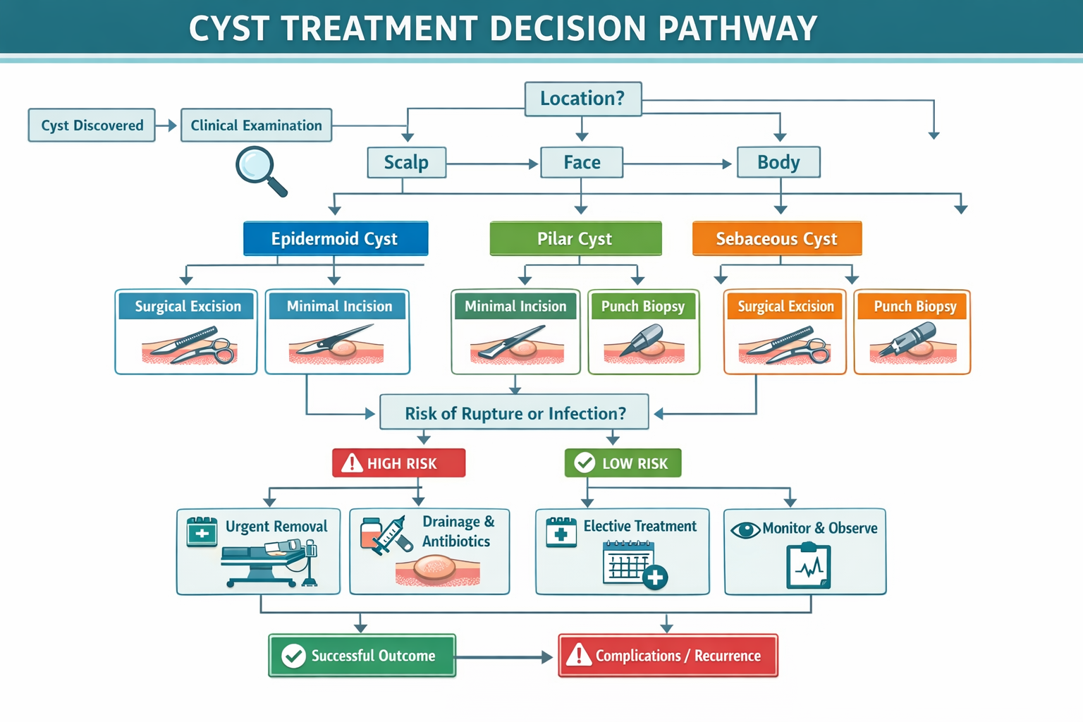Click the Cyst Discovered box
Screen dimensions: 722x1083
92,126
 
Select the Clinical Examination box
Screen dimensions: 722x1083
256,126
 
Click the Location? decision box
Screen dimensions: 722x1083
583,99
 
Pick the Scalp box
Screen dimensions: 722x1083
406,163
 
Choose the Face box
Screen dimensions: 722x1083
582,163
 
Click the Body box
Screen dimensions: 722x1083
778,163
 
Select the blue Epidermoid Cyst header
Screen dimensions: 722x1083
335,239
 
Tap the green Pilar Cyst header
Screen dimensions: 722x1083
575,239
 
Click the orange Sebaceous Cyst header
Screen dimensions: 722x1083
777,239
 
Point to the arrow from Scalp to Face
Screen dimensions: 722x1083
493,164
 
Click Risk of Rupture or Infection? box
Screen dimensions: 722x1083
515,413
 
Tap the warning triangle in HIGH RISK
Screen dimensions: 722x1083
351,463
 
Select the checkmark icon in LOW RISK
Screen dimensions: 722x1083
585,463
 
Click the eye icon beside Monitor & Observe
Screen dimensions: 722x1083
745,530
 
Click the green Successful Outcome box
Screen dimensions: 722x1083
362,656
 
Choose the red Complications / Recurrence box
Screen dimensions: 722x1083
668,656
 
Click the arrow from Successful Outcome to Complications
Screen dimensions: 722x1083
505,657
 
